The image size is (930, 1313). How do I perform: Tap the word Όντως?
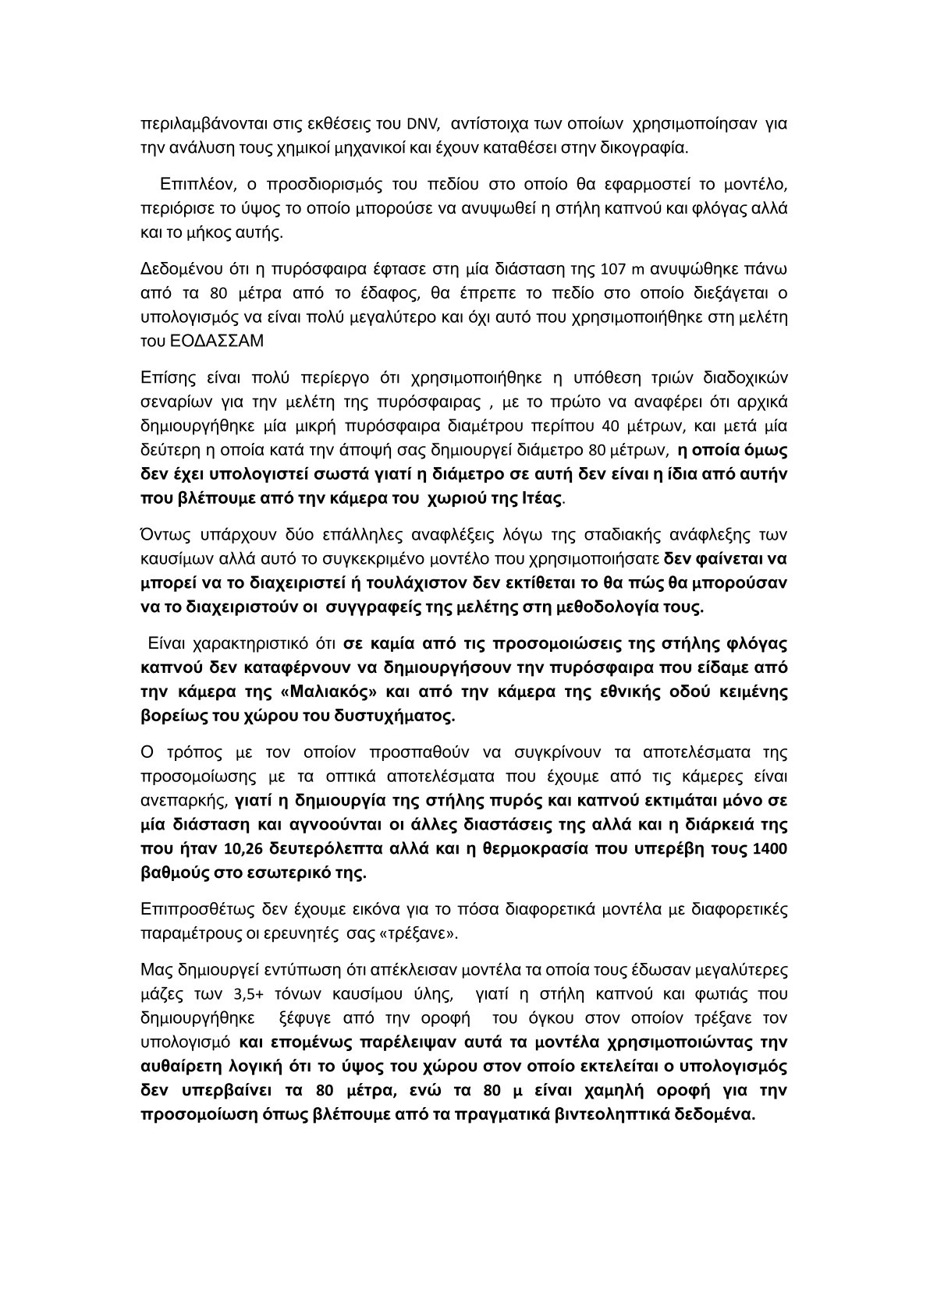[162, 535]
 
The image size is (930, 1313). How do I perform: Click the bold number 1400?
[770, 848]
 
